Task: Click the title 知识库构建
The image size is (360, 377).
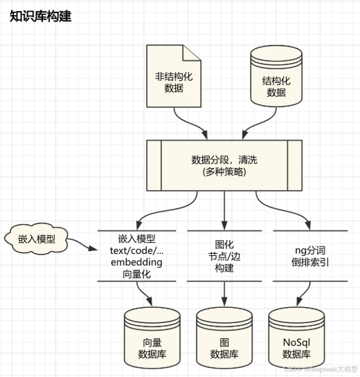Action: [40, 17]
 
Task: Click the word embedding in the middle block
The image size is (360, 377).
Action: [136, 262]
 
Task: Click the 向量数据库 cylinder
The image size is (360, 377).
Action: [152, 336]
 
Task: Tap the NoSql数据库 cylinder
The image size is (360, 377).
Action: [298, 336]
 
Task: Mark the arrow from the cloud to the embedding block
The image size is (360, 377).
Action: [83, 246]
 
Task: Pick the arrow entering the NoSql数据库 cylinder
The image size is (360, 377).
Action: [298, 293]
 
